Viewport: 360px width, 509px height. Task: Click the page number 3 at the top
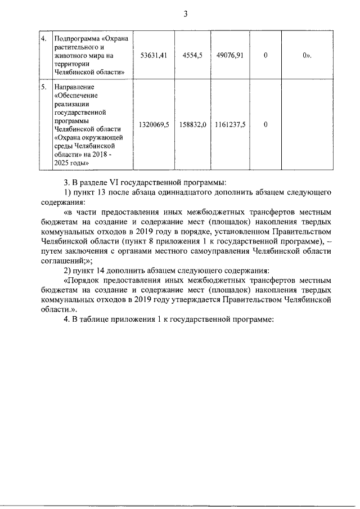185,13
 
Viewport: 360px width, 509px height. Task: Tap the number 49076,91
229,56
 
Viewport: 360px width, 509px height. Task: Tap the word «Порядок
84,281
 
